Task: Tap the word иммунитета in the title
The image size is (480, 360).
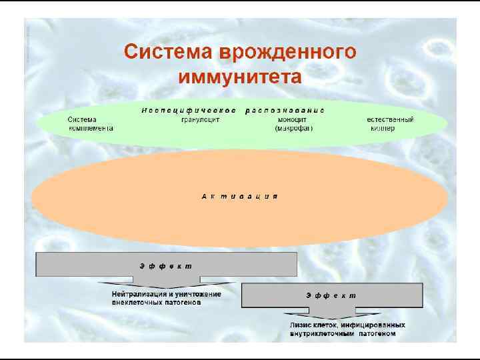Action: (x=239, y=77)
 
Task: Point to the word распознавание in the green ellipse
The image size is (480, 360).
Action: (x=285, y=109)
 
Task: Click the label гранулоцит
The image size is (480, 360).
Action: (x=200, y=119)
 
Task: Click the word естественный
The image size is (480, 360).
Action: (x=390, y=119)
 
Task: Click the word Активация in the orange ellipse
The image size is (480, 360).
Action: (x=239, y=197)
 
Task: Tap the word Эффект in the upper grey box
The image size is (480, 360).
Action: (x=165, y=265)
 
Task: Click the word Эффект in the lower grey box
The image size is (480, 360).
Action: (x=331, y=295)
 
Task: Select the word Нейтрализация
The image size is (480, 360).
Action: (x=137, y=293)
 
